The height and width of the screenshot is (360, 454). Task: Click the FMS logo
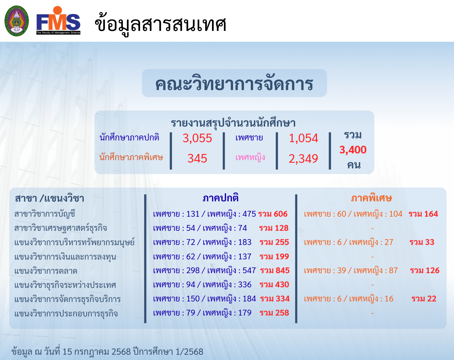[58, 20]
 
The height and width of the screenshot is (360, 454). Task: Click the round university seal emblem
[17, 21]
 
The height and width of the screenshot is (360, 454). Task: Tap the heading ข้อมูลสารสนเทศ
[160, 25]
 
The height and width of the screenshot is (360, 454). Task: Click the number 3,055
[197, 138]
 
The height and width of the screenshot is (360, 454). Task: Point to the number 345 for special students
[197, 158]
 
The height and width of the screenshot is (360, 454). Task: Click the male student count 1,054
[303, 138]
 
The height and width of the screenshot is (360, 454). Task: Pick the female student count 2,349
[303, 158]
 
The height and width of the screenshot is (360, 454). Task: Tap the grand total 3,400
[353, 150]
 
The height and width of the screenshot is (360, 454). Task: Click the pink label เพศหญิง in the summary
[250, 157]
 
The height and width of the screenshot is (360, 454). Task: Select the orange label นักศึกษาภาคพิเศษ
[131, 157]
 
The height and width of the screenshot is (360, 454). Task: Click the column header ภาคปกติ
[220, 198]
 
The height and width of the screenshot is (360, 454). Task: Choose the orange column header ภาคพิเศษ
[372, 198]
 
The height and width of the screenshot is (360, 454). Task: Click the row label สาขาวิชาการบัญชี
[45, 214]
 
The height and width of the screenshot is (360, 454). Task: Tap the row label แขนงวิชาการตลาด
[46, 271]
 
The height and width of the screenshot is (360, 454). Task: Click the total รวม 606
[273, 214]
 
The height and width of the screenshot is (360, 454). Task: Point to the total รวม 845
[275, 271]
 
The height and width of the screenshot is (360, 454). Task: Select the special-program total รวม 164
[423, 214]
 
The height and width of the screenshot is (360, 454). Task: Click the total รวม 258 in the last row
[274, 313]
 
